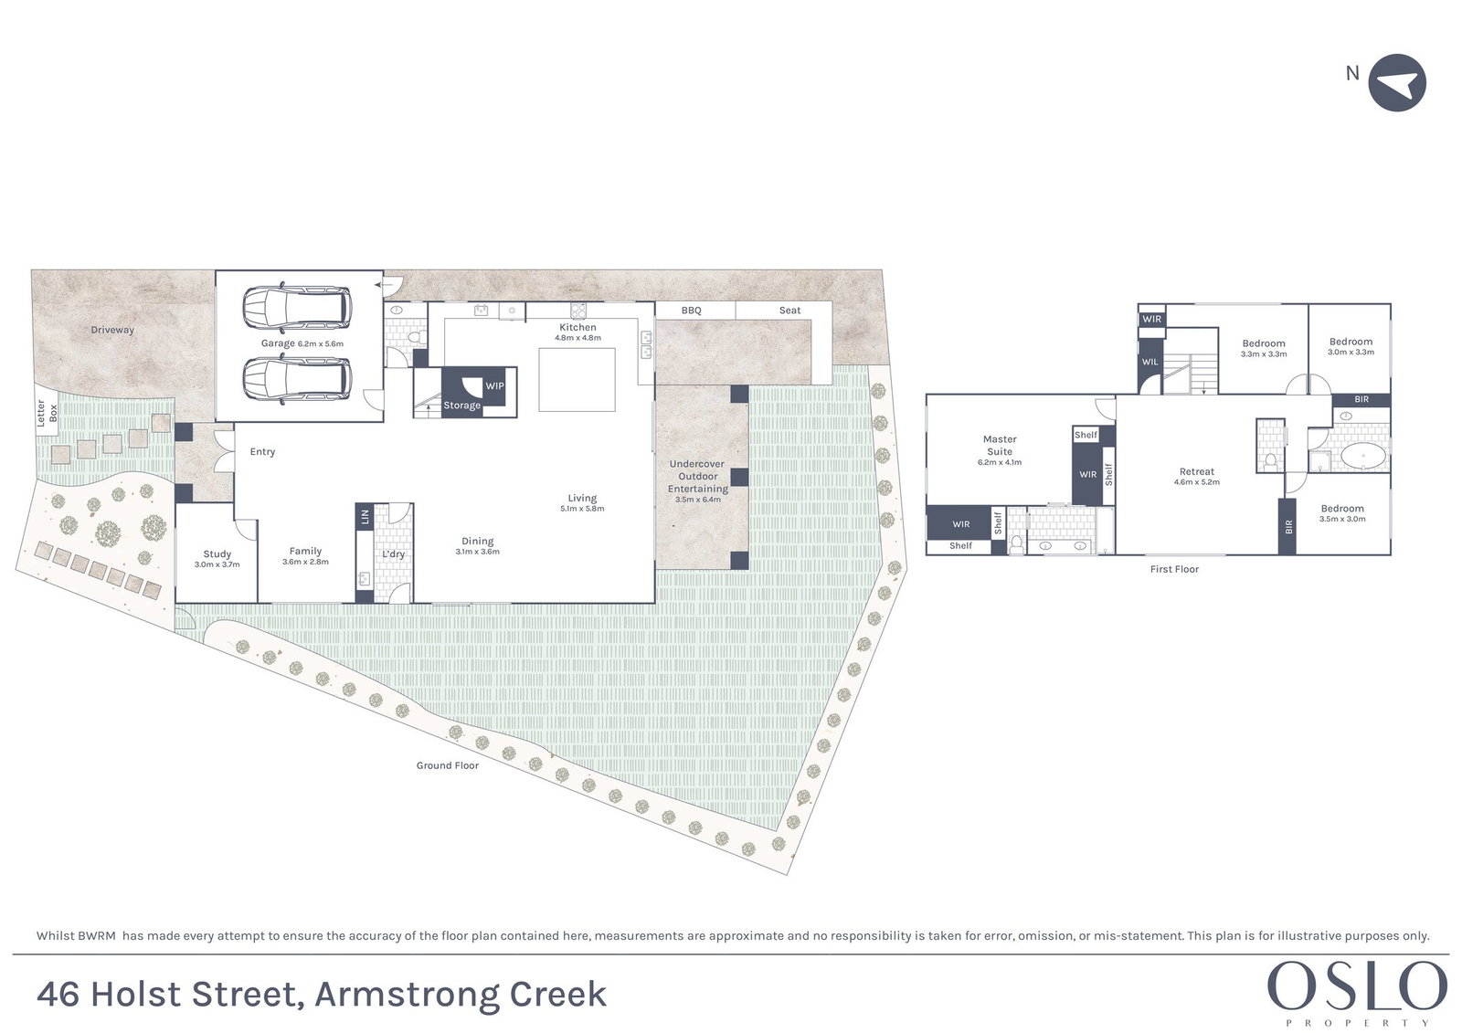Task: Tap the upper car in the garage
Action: [x=297, y=308]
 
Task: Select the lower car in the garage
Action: [x=297, y=378]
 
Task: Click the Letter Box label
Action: [x=47, y=414]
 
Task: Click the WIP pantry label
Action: [x=494, y=385]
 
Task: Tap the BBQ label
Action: [x=691, y=311]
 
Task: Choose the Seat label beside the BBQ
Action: [x=789, y=311]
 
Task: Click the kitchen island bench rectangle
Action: [x=577, y=380]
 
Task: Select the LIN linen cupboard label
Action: [x=365, y=517]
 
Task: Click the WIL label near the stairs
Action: [x=1149, y=363]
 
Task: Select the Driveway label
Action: [x=112, y=330]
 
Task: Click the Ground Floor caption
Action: [x=448, y=765]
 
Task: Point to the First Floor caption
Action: [x=1174, y=569]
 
